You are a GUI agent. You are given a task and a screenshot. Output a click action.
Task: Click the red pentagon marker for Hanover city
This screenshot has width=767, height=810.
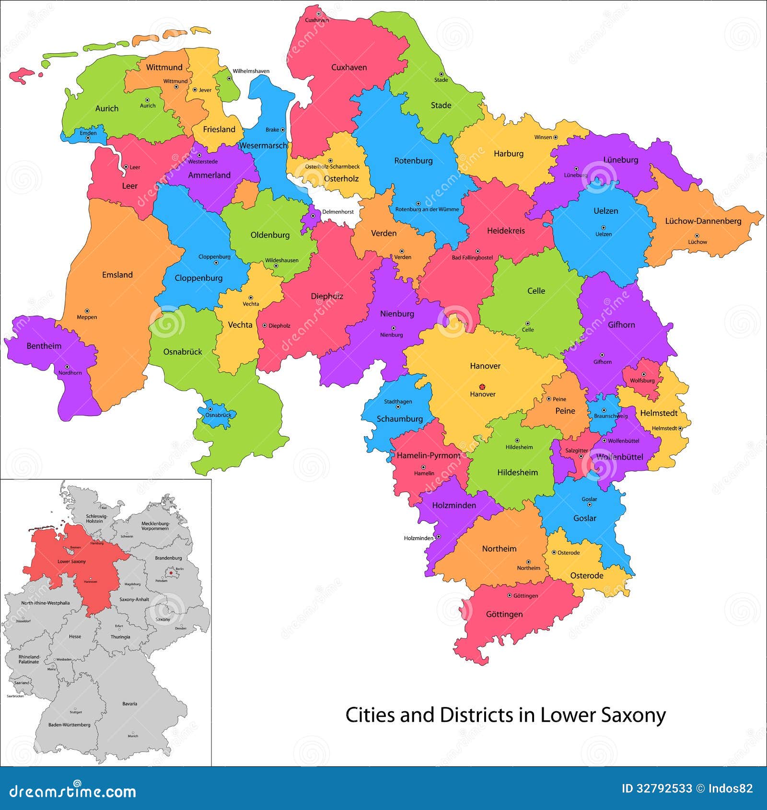[482, 386]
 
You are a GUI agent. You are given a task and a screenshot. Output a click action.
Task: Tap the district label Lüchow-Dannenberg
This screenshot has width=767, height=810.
[703, 221]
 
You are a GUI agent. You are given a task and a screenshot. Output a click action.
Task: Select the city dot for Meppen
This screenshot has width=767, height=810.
[87, 311]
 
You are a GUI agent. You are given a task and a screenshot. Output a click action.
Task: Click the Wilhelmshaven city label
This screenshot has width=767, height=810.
[251, 71]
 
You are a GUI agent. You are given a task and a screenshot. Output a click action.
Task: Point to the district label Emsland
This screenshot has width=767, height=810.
[117, 275]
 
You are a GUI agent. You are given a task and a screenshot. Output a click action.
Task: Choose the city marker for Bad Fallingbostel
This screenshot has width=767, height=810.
[477, 251]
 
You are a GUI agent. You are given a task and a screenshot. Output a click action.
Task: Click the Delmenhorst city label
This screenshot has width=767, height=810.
[338, 211]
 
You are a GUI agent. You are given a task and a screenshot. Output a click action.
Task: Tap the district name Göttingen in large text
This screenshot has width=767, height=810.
[504, 614]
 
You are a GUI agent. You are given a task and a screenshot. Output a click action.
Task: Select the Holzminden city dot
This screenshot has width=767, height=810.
[438, 537]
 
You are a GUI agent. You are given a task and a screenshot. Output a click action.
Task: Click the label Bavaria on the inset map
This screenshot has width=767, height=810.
[129, 704]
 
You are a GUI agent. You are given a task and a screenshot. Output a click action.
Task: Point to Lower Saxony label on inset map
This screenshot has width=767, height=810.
[71, 561]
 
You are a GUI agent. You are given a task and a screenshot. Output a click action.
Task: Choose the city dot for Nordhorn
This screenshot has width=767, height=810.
[67, 367]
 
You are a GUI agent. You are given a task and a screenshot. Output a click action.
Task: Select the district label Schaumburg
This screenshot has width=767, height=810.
[399, 418]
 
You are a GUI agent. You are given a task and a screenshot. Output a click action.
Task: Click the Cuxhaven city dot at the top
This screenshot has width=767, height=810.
[318, 14]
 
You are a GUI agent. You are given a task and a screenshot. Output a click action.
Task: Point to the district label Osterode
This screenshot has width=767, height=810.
[586, 576]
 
